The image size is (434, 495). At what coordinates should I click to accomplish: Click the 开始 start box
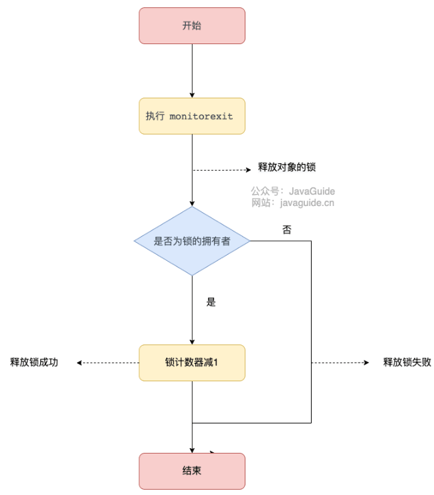[x=192, y=26]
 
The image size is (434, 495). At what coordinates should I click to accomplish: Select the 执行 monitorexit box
[x=192, y=116]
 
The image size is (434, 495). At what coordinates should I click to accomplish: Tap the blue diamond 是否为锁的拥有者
[x=192, y=241]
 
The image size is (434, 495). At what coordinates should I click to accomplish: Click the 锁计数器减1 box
[x=192, y=363]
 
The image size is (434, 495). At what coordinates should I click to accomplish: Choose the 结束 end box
[x=192, y=471]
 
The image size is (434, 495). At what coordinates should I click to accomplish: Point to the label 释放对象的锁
[x=287, y=167]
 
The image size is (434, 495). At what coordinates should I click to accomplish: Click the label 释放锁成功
[x=34, y=362]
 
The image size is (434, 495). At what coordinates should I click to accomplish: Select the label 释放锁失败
[x=407, y=362]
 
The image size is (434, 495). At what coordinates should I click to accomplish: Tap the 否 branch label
[x=287, y=229]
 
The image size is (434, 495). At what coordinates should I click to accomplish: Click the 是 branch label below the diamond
[x=211, y=302]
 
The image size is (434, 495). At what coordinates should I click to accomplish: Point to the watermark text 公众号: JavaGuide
[x=293, y=191]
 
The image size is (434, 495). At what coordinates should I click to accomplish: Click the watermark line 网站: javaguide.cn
[x=293, y=203]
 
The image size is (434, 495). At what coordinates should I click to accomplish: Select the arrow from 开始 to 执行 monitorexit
[x=192, y=71]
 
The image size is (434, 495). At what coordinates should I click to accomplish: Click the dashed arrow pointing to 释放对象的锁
[x=222, y=170]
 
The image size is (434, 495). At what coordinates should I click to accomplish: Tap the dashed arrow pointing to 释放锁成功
[x=108, y=363]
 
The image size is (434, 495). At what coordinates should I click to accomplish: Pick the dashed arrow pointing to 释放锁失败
[x=340, y=363]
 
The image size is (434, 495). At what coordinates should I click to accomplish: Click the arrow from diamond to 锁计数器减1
[x=192, y=310]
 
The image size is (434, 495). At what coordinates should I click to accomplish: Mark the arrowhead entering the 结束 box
[x=192, y=450]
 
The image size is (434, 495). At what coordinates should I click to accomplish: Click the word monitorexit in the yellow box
[x=201, y=116]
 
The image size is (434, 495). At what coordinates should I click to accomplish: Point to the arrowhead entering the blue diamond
[x=192, y=204]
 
